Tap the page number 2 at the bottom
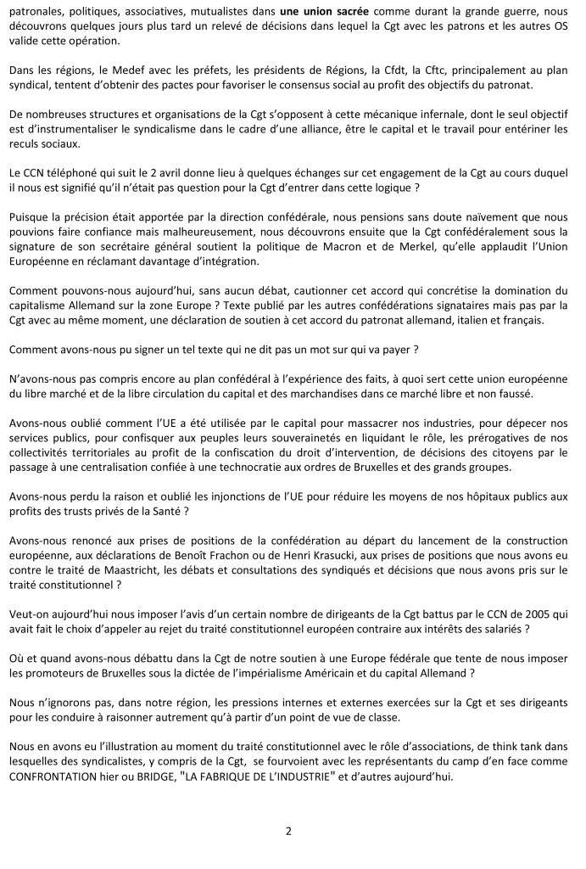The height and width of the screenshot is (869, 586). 288,831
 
